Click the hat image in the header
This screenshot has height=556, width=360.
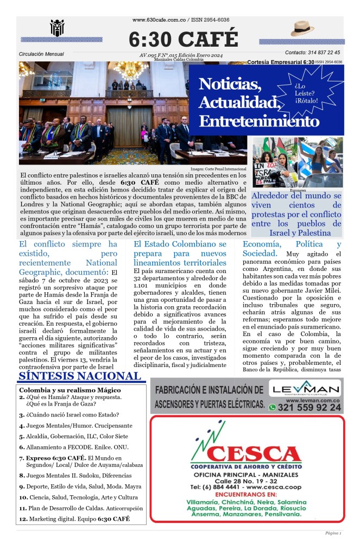pos(302,28)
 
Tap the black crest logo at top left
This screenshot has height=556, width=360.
pos(57,28)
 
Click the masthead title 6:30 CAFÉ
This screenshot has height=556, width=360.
pos(183,39)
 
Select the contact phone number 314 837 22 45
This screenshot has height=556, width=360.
pos(312,53)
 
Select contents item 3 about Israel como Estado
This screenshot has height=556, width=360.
pos(65,415)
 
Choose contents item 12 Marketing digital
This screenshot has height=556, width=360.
pos(74,519)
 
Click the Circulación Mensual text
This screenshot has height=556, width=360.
pos(41,54)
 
